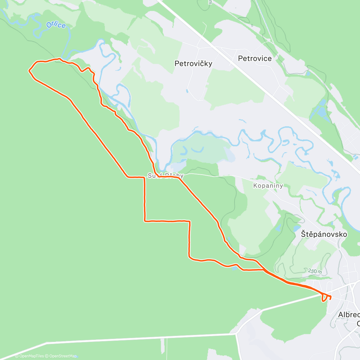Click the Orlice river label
tap(56, 25)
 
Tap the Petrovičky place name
tap(193, 64)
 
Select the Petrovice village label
tap(255, 58)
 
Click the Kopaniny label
tap(268, 186)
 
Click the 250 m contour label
tap(315, 271)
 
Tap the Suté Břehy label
tap(165, 176)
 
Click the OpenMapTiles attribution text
tap(29, 356)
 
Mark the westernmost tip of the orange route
tap(29, 71)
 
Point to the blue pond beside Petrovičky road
tap(187, 91)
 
